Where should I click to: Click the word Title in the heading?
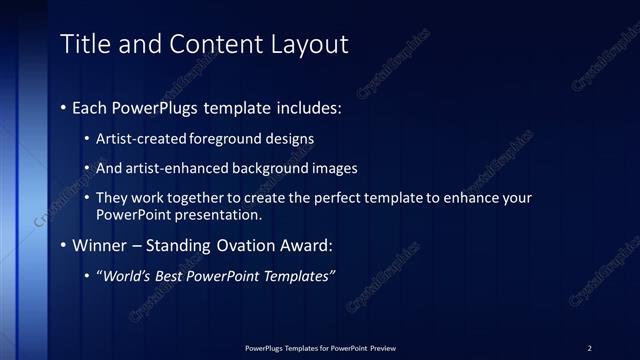click(x=84, y=45)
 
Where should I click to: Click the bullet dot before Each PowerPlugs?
click(x=64, y=105)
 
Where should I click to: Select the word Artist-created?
click(x=138, y=139)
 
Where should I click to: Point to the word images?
click(x=334, y=169)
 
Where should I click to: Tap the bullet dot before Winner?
click(x=64, y=245)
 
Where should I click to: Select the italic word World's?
click(x=127, y=276)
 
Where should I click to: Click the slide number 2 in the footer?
click(x=589, y=347)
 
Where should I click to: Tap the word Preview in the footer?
click(x=381, y=347)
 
